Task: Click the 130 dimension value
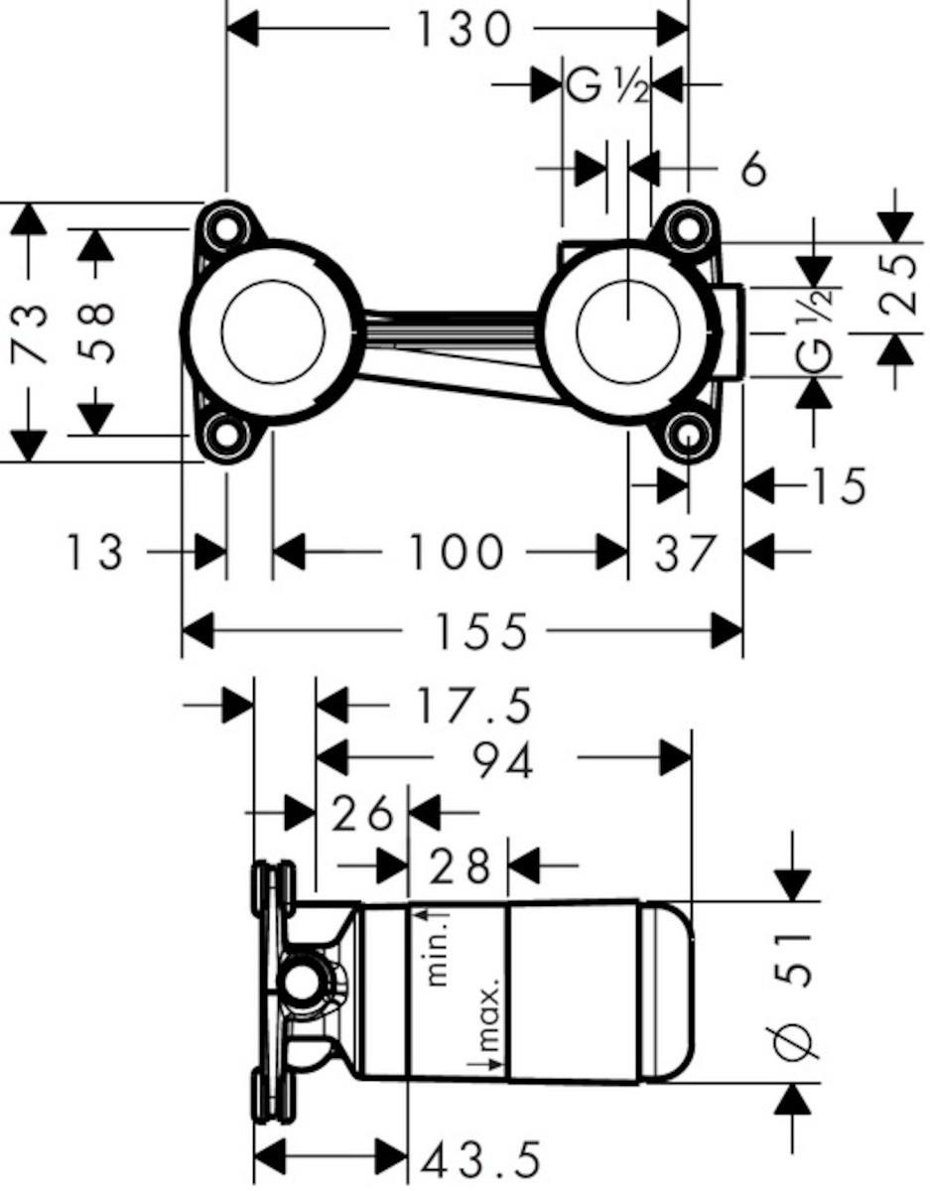click(x=464, y=30)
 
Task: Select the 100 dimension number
click(x=456, y=553)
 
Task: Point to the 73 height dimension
click(x=28, y=334)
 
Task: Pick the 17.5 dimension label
click(x=473, y=707)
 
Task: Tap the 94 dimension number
click(x=503, y=761)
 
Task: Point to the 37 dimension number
click(x=686, y=553)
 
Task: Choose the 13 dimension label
click(x=94, y=553)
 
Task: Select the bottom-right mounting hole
click(x=689, y=437)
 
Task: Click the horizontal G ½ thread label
click(x=607, y=86)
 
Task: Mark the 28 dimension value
click(x=459, y=866)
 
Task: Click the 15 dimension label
click(x=838, y=485)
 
